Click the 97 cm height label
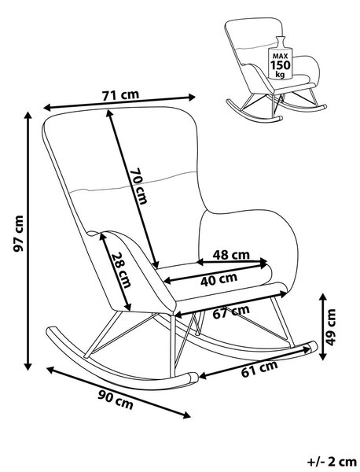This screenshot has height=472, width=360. click(19, 234)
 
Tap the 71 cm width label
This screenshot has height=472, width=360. click(120, 95)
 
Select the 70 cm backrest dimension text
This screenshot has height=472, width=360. click(138, 186)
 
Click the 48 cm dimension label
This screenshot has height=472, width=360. click(231, 255)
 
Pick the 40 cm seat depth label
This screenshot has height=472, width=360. click(219, 279)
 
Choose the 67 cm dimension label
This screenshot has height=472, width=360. click(231, 312)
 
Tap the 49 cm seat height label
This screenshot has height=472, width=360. click(331, 327)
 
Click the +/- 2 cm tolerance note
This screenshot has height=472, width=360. click(332, 462)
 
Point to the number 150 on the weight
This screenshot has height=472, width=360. click(281, 65)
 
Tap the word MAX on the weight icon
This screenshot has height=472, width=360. click(281, 56)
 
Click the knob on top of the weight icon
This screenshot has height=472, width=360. click(281, 42)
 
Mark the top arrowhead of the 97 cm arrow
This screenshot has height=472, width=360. click(28, 116)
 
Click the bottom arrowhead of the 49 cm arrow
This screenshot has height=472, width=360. click(323, 356)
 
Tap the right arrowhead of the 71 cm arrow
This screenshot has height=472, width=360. click(192, 97)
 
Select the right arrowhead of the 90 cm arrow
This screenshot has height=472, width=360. click(186, 415)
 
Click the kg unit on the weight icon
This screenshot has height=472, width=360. click(280, 74)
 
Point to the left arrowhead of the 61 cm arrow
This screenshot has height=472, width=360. click(204, 375)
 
